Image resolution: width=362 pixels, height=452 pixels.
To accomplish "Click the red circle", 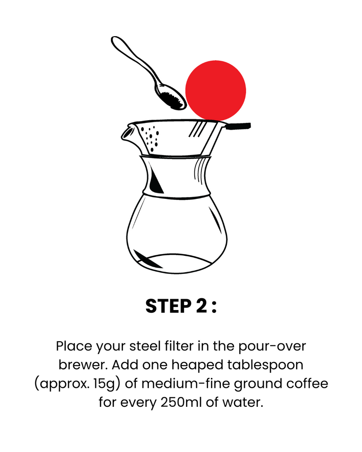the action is point(216,90).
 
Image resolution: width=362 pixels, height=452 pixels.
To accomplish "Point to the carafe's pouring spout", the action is point(127,133).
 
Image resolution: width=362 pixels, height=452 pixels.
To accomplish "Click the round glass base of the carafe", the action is point(176,234).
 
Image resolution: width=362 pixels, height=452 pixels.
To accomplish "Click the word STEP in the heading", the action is point(168,306).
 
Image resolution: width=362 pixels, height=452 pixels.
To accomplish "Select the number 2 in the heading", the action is point(201,306).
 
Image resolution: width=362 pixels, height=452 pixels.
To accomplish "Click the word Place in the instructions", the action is point(74,346).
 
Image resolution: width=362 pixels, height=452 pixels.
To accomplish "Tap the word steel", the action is point(145,346).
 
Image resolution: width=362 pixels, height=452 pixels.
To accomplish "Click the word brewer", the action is point(83,365).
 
